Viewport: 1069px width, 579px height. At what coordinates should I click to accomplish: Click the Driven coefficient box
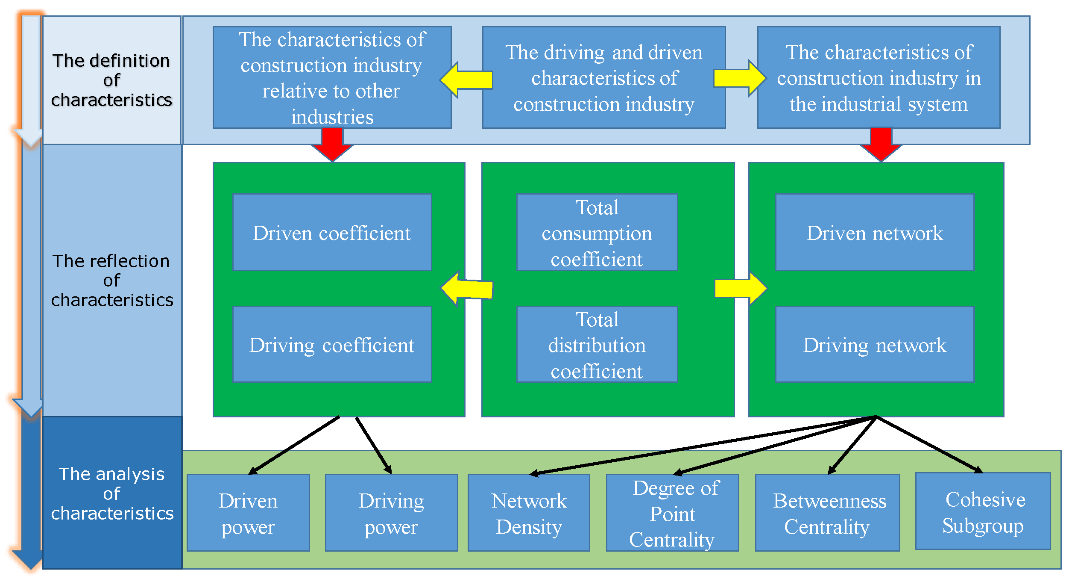pos(332,232)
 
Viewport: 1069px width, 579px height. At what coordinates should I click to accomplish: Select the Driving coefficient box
pos(332,344)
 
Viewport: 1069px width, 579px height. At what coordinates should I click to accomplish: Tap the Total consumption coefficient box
pos(597,232)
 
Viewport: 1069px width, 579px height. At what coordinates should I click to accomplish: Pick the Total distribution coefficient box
pos(597,344)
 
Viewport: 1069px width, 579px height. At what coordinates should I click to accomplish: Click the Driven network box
pos(875,232)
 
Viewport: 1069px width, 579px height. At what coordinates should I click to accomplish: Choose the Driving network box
pos(875,344)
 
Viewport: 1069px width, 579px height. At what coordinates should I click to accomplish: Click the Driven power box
pos(248,513)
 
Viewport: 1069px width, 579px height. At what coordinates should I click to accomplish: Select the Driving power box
pos(391,513)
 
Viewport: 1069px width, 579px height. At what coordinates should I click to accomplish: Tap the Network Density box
pos(529,513)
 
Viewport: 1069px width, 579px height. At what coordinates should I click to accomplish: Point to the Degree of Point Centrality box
pos(672,513)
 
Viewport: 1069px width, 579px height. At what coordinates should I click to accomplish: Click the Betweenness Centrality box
pos(827,513)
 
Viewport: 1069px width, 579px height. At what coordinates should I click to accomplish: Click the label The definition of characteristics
pos(111,80)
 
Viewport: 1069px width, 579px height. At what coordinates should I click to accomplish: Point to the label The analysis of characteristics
pos(111,493)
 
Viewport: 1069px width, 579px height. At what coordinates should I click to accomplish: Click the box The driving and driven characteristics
pos(603,77)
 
